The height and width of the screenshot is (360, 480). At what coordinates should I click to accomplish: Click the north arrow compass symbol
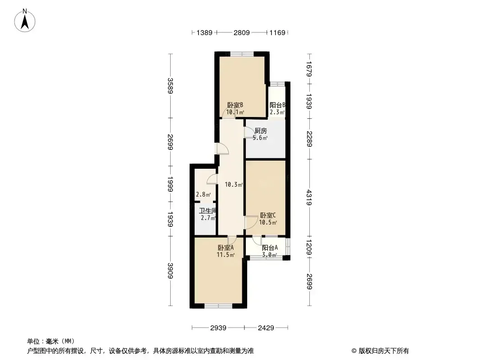(25, 21)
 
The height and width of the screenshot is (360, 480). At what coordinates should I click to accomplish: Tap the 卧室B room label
(235, 105)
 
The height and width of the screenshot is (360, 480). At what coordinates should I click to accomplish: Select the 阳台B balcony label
(277, 105)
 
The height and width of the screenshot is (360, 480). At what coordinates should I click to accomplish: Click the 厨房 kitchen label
(261, 131)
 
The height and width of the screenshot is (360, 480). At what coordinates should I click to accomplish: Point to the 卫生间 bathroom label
(208, 211)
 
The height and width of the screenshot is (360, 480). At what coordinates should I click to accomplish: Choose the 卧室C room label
(268, 216)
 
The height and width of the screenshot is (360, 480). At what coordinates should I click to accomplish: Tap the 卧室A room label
(226, 248)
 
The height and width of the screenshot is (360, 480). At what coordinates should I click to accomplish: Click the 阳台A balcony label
(270, 248)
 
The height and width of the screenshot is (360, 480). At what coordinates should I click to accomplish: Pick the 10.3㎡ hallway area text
(234, 184)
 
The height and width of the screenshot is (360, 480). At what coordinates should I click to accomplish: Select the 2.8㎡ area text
(203, 194)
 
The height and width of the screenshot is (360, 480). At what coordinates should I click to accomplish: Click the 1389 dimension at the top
(204, 32)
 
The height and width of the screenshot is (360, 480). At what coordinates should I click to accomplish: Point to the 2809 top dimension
(241, 32)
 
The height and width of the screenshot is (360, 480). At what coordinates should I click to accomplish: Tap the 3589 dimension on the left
(171, 86)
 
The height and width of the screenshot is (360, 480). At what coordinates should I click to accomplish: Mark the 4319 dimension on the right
(309, 198)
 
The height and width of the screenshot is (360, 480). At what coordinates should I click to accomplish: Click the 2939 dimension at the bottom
(218, 328)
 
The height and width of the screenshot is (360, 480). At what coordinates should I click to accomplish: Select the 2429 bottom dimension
(266, 328)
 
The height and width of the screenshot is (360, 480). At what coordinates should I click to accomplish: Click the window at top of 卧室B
(242, 54)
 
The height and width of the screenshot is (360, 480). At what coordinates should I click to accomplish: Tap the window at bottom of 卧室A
(218, 306)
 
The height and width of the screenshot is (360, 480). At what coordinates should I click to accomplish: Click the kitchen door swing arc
(247, 131)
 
